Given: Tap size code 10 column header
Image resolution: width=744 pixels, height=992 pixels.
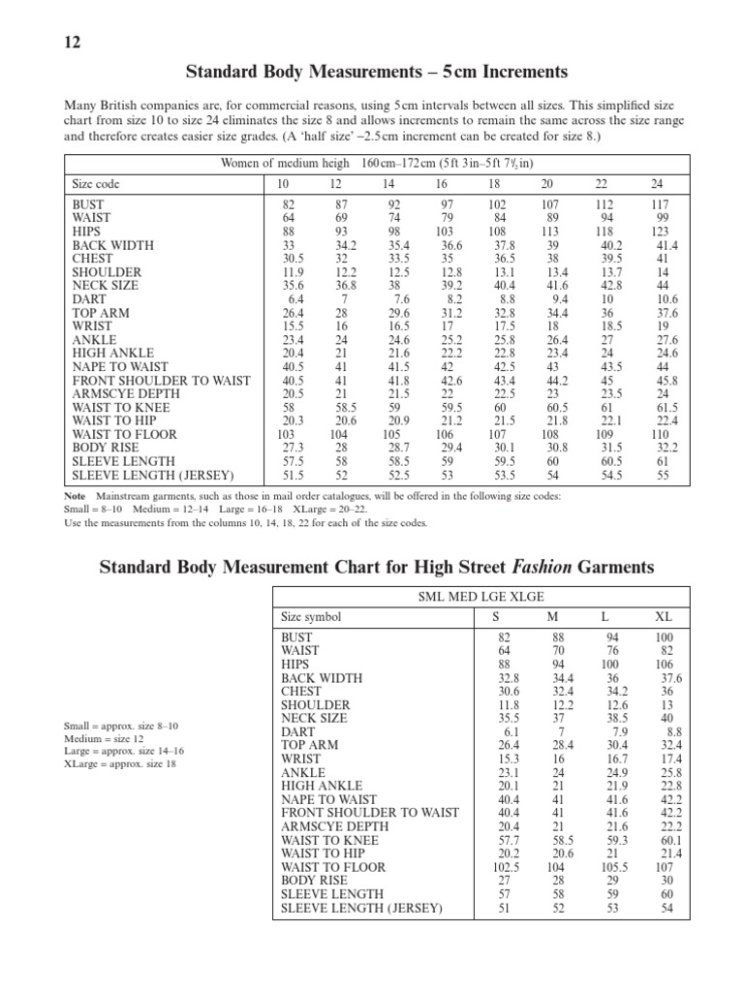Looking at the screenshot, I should (284, 183).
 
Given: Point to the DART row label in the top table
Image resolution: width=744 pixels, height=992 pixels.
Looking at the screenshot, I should (89, 300).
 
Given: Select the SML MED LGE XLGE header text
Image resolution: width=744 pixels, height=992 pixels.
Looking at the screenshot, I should (480, 598).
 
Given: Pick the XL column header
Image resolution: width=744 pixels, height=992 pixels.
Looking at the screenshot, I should (664, 617).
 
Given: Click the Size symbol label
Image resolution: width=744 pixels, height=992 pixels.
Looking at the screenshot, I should (311, 617).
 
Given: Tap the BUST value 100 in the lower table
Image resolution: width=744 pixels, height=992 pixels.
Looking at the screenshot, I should (664, 637).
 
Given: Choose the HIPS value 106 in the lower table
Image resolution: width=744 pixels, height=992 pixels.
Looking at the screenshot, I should (664, 665).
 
